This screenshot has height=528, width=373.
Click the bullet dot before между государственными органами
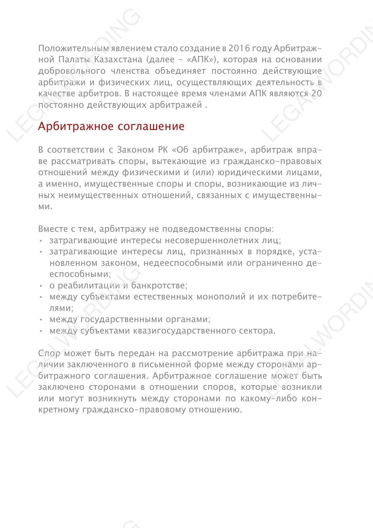click(41, 320)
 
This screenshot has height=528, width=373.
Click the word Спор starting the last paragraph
click(49, 353)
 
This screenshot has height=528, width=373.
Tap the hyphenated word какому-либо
click(269, 399)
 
